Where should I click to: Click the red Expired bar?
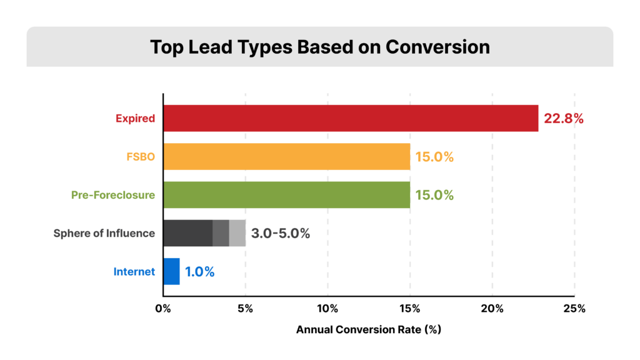click(351, 118)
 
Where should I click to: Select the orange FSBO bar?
click(287, 156)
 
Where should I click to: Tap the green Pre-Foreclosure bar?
click(287, 194)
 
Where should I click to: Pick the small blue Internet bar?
click(172, 271)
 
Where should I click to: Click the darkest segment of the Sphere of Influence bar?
click(187, 233)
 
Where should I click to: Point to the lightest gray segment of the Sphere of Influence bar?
click(237, 233)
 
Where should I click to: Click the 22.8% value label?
click(563, 118)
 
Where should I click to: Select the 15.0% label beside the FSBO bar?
click(434, 157)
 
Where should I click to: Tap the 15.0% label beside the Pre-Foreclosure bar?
click(434, 195)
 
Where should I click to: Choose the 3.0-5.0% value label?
click(280, 234)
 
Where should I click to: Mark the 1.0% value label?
click(199, 272)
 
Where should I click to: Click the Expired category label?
click(135, 118)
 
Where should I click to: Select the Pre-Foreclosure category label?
click(112, 195)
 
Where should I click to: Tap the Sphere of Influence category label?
click(104, 234)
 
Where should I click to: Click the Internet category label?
click(134, 272)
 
